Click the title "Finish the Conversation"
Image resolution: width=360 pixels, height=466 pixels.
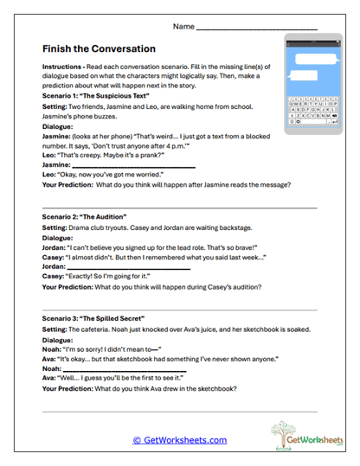pyautogui.click(x=98, y=48)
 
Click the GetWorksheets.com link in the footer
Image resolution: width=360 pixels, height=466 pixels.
pyautogui.click(x=180, y=440)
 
